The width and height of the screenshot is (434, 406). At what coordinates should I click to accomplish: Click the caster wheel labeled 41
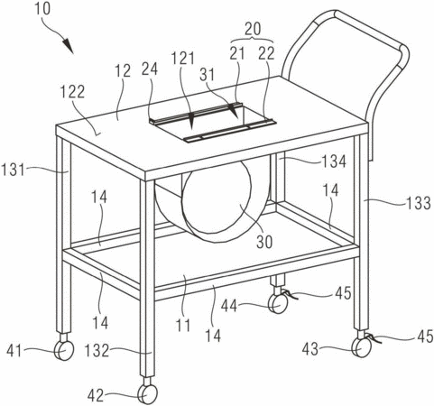pos(64,350)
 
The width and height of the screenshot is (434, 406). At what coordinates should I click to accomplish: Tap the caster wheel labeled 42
pos(147,394)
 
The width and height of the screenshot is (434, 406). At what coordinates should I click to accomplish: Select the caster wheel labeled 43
pos(362,347)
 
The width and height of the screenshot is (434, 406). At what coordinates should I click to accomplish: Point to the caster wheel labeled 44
pos(278,304)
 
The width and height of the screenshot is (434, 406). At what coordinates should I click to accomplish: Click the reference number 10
pos(42,9)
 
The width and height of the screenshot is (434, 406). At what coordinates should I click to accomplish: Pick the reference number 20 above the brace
pos(253,29)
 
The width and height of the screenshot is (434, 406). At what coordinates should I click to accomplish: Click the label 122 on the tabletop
pos(73,92)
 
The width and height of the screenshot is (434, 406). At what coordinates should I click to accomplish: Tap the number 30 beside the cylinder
pos(264,242)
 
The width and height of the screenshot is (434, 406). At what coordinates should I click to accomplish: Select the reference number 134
pos(334,161)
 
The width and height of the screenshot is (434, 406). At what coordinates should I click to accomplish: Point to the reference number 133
pos(419,203)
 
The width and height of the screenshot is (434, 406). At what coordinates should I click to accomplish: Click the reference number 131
pos(13,170)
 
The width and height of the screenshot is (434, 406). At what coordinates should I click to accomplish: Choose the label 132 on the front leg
pos(97,351)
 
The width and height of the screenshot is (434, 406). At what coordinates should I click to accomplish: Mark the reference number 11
pos(183,325)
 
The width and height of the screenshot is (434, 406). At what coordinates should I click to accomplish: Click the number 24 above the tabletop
pos(150,69)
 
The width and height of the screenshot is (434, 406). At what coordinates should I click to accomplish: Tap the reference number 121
pos(183,59)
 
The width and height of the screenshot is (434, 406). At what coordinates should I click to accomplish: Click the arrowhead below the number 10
pos(69,46)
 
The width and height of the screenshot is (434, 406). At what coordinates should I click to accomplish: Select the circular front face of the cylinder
pos(217,201)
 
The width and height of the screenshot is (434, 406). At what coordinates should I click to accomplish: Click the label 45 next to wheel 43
pos(425,336)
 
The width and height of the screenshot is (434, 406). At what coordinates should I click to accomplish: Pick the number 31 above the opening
pos(207,75)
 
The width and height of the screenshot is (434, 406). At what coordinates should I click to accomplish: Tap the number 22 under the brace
pos(266,53)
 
